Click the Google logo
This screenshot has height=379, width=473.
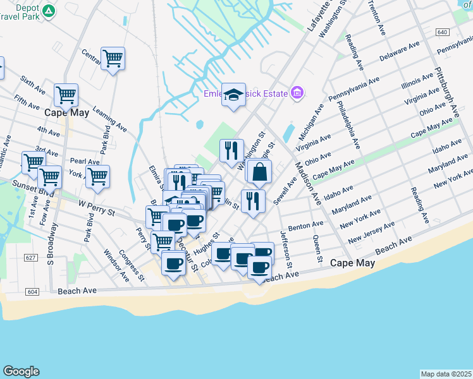pos(21,371)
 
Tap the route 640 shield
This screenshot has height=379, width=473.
pos(443,32)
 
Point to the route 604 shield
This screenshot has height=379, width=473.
pos(32,292)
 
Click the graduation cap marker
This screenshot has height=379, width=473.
pos(233,95)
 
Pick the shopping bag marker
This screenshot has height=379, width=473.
pos(259,171)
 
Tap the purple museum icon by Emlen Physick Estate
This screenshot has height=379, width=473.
pos(297,94)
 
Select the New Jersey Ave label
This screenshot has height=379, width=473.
pos(371,231)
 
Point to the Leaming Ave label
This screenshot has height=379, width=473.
pos(109,119)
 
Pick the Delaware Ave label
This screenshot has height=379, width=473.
pos(399,52)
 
